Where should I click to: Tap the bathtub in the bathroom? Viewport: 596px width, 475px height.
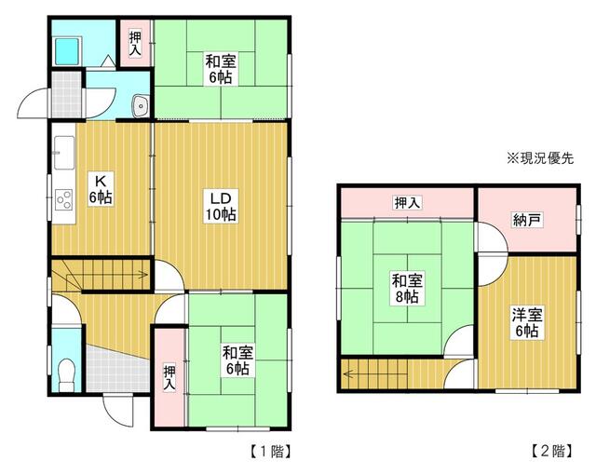tap(69, 52)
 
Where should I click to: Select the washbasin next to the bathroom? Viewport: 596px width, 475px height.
tap(141, 107)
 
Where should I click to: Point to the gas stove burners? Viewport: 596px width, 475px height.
tap(64, 198)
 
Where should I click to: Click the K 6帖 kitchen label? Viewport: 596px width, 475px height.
tap(100, 189)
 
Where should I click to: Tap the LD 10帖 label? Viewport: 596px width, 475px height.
tap(221, 206)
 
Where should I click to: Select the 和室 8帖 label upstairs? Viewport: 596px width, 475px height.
tap(404, 288)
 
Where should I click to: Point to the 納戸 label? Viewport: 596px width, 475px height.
tap(527, 221)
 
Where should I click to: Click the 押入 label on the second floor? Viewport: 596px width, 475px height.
tap(407, 201)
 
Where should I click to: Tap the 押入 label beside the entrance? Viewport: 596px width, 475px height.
tap(169, 376)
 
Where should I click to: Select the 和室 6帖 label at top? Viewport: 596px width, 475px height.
tap(221, 71)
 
